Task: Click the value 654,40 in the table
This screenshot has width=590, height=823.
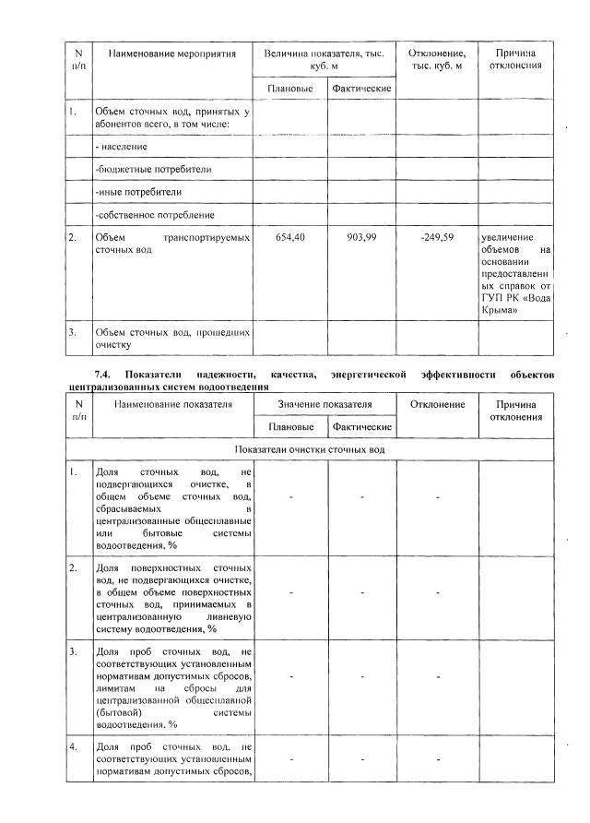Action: click(290, 238)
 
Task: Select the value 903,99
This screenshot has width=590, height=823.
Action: click(361, 238)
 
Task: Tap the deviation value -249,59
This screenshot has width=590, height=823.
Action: click(436, 238)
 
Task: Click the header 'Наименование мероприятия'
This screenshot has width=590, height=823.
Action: click(171, 54)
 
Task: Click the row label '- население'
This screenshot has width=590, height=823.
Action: click(122, 147)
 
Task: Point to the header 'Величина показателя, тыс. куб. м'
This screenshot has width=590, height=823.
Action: click(324, 61)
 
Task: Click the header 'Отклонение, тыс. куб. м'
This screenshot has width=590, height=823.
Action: click(436, 61)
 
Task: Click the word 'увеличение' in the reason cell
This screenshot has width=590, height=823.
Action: click(508, 238)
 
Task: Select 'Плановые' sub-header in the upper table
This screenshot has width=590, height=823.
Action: click(289, 89)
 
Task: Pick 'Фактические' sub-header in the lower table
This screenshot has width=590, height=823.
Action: click(362, 427)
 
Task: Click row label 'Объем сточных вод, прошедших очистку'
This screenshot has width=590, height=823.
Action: click(171, 338)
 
